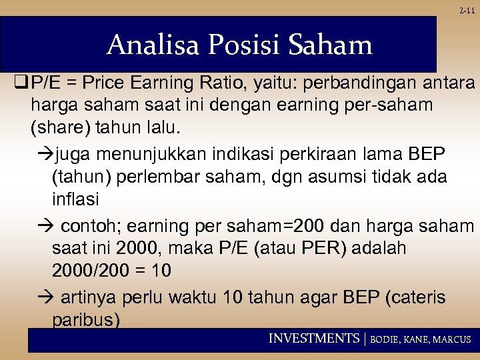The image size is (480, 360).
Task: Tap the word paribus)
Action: [x=86, y=319]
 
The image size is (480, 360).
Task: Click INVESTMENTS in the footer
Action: [x=313, y=339]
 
